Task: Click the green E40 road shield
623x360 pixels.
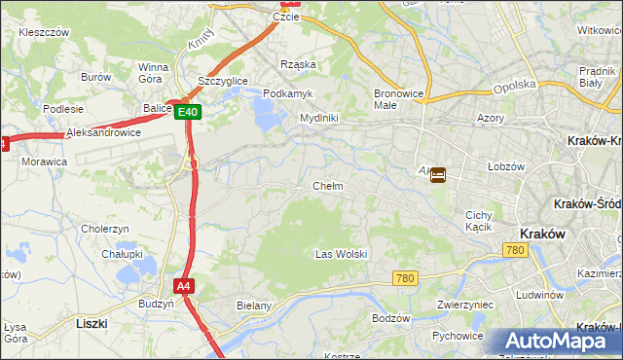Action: [x=189, y=113]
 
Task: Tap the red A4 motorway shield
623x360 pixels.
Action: [x=185, y=286]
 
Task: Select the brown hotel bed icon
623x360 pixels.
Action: [x=438, y=175]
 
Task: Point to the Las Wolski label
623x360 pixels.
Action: [x=341, y=254]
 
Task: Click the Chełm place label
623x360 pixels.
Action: [x=328, y=186]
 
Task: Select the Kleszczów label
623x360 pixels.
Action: [x=44, y=32]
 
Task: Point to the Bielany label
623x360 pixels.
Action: [x=255, y=306]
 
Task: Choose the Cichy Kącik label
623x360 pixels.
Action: [x=478, y=221]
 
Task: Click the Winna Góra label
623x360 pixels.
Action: [x=154, y=73]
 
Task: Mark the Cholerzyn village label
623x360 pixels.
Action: [x=105, y=229]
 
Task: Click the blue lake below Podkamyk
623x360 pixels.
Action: [x=266, y=116]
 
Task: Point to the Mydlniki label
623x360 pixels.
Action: [x=318, y=118]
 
